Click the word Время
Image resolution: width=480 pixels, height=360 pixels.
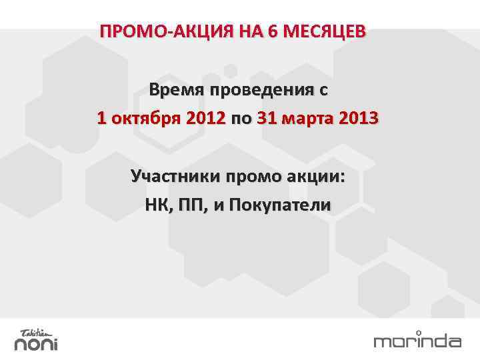(x=178, y=90)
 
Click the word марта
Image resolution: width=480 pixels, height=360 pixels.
(x=309, y=119)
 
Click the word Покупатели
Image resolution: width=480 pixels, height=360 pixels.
(x=279, y=205)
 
